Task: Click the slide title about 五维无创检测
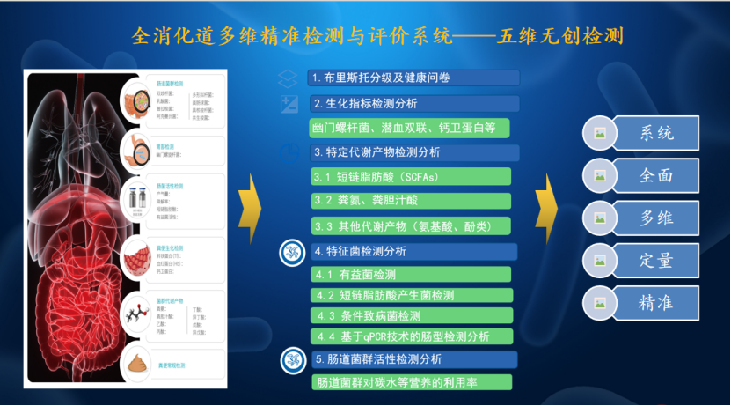coord(379,36)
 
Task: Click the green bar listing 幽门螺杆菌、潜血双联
coord(409,128)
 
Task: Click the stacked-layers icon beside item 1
coord(286,78)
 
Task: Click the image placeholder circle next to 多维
coord(600,218)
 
